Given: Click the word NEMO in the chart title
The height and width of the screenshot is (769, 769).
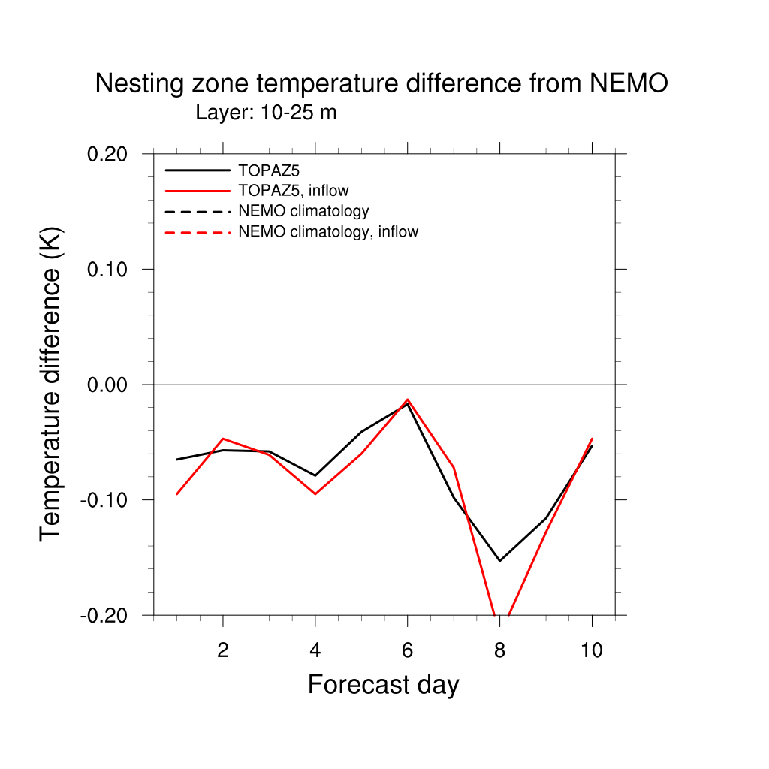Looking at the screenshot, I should coord(629,84).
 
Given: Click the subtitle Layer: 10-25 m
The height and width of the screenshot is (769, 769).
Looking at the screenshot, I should coord(266,113).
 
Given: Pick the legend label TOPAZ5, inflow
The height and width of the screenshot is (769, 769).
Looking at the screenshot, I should coord(294,191).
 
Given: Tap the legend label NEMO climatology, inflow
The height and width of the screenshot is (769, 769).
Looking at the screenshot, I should coord(328,231).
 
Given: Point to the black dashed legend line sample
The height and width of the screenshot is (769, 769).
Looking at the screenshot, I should coord(198,211).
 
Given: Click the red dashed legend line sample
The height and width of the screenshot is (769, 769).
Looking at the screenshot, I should coord(198,232).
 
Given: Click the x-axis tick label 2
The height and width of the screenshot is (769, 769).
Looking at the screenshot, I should coord(222,650).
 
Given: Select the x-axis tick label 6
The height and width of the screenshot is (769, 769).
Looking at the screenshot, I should coord(407,650).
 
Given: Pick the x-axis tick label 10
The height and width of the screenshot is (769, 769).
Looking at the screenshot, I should coord(592,650).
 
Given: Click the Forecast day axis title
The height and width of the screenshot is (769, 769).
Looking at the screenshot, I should coord(383,685).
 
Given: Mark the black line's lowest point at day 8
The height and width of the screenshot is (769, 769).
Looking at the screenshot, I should coord(499,561).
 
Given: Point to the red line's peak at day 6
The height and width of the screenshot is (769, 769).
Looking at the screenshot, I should coord(407,400).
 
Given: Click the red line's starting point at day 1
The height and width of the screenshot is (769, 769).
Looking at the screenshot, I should coord(176,493).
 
